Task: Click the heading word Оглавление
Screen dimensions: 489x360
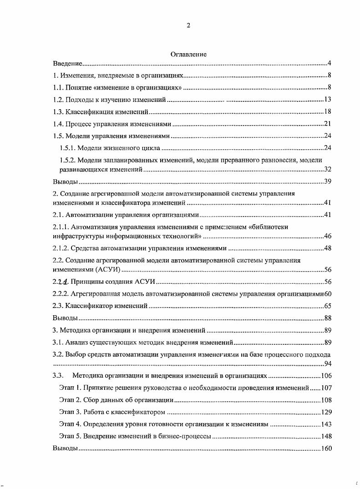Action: (x=188, y=54)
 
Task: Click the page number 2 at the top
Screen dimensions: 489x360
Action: (x=188, y=25)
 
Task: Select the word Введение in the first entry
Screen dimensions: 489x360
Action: (x=67, y=63)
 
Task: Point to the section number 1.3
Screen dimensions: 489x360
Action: (x=58, y=111)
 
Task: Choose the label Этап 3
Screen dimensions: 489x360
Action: (x=70, y=412)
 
